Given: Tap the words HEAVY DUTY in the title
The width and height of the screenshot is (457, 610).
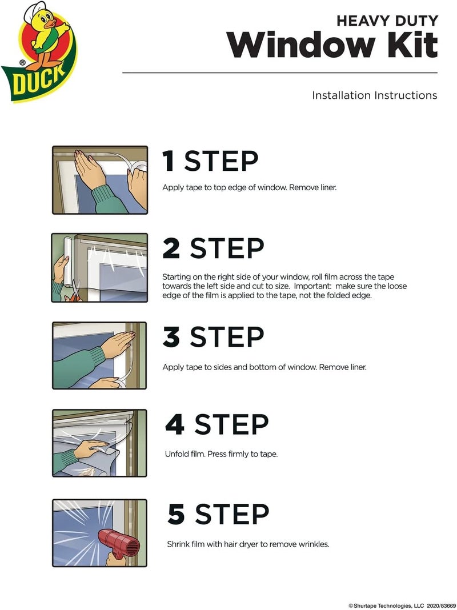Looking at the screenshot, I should point(387,21).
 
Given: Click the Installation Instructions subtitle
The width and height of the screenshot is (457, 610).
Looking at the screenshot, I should point(374,95).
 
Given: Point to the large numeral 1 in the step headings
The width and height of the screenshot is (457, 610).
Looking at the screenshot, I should point(169,161).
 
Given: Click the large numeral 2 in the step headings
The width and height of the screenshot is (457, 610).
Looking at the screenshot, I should point(172,248).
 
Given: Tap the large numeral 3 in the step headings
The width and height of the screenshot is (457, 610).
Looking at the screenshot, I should point(172,337).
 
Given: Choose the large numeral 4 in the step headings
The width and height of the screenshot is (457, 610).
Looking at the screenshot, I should point(175,424).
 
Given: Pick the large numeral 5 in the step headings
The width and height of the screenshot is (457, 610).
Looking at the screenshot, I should point(177,514).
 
